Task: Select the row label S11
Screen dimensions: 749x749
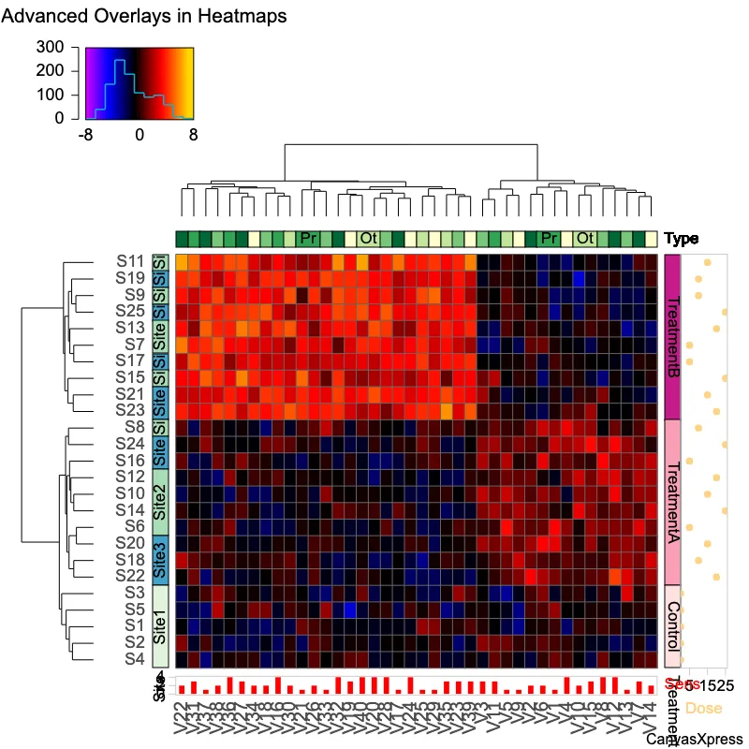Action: (130, 261)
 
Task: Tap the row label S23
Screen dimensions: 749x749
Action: (130, 410)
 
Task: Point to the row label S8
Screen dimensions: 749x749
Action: (134, 427)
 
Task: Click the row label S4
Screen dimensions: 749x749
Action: (134, 659)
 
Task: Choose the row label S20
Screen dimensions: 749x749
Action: (130, 543)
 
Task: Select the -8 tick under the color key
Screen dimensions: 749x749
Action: (85, 135)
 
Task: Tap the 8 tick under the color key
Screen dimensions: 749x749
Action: (194, 135)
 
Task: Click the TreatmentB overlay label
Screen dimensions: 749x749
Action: (671, 337)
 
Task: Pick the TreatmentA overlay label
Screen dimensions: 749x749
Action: (671, 502)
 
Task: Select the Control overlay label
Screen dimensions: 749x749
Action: (671, 625)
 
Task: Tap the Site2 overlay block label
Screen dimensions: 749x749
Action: (160, 502)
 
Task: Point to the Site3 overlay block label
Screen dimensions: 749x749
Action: (160, 560)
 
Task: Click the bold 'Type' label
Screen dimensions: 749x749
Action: (682, 239)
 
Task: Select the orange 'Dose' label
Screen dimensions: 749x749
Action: (704, 709)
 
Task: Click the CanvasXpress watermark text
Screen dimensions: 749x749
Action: (698, 739)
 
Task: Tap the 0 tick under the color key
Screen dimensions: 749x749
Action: (140, 135)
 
